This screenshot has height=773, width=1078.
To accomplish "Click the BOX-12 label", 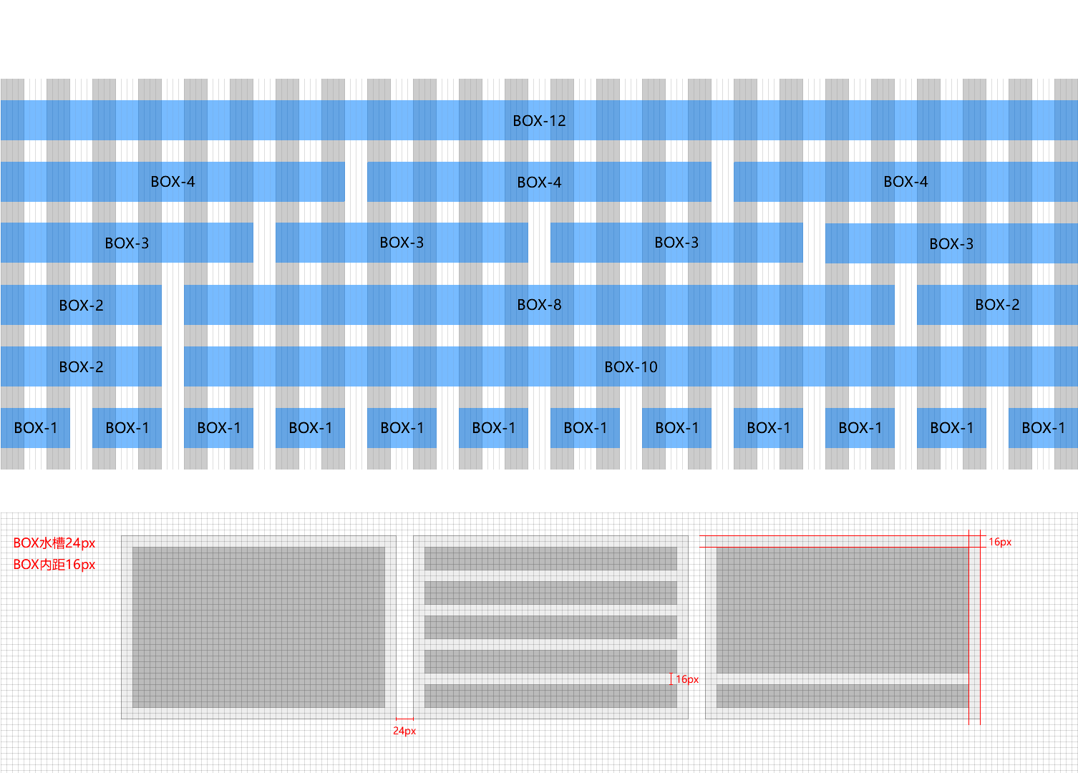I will (x=539, y=121).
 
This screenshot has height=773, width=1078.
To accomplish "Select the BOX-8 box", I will (x=539, y=305).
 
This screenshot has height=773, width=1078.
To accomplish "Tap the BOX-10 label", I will (x=631, y=367).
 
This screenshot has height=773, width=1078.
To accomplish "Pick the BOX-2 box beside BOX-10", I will (x=81, y=367).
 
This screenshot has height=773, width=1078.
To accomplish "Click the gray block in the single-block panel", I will (x=258, y=627).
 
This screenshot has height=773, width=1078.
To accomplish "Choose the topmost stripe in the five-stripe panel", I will (x=550, y=558).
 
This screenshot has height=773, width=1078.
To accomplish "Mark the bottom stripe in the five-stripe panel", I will (x=550, y=696).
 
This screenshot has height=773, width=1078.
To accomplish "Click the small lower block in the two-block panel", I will (x=843, y=696).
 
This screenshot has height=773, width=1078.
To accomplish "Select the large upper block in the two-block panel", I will (x=843, y=610).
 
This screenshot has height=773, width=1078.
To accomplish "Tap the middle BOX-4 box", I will (x=539, y=182).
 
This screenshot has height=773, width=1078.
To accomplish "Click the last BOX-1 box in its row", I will (x=1043, y=428).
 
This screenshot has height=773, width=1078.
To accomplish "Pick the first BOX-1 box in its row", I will (x=35, y=428).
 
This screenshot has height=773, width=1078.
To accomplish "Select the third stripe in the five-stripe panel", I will (x=550, y=627).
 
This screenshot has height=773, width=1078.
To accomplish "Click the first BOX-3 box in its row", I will (x=127, y=243).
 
